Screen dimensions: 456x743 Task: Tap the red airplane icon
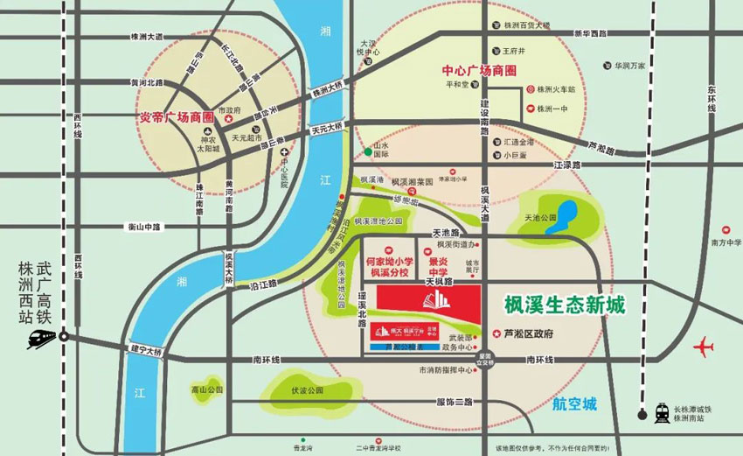pyautogui.click(x=702, y=348)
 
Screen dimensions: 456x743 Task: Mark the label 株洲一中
pyautogui.click(x=555, y=109)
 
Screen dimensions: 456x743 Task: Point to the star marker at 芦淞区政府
pyautogui.click(x=497, y=333)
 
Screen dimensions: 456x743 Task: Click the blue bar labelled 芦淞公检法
pyautogui.click(x=404, y=347)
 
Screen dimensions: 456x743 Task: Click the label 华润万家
pyautogui.click(x=628, y=65)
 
